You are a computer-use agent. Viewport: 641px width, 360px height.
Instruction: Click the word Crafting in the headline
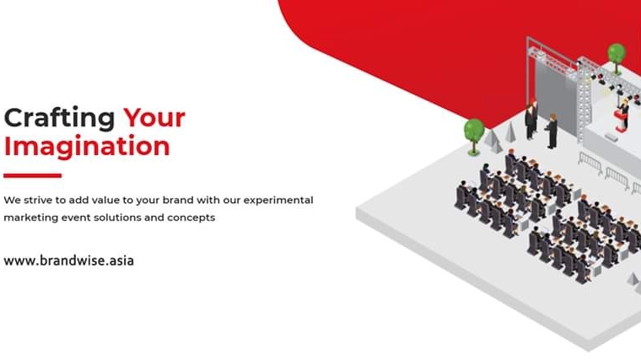pyautogui.click(x=59, y=119)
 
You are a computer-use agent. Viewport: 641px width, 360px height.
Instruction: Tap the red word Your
pyautogui.click(x=154, y=118)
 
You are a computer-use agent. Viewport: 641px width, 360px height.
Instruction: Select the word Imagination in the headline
pyautogui.click(x=87, y=147)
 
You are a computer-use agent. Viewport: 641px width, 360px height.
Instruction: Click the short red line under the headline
pyautogui.click(x=33, y=175)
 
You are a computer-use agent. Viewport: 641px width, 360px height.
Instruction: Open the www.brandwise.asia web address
pyautogui.click(x=68, y=261)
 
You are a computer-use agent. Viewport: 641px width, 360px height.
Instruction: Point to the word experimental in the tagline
pyautogui.click(x=278, y=201)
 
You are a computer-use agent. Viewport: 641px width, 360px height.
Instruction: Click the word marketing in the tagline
pyautogui.click(x=30, y=218)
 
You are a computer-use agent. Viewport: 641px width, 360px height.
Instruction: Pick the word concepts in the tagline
pyautogui.click(x=191, y=218)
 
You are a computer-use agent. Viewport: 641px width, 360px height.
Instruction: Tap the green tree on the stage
pyautogui.click(x=617, y=58)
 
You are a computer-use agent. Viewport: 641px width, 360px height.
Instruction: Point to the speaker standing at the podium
pyautogui.click(x=624, y=108)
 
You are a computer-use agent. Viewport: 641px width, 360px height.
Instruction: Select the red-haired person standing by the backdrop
pyautogui.click(x=531, y=119)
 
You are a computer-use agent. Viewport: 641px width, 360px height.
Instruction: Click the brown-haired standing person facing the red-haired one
pyautogui.click(x=552, y=131)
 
